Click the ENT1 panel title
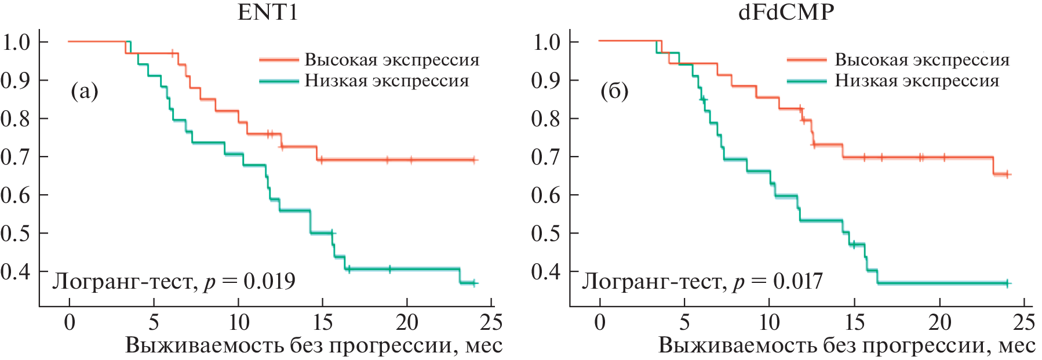tap(268, 13)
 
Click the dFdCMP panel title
tap(786, 13)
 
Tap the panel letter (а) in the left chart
tap(84, 91)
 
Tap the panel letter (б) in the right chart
tap(614, 91)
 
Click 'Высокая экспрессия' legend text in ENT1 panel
tap(392, 60)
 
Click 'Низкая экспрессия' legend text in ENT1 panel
tap(387, 81)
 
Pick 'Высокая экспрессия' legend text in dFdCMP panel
tap(922, 60)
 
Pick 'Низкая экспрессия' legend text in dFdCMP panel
tap(917, 81)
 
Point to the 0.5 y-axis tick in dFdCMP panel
tap(546, 233)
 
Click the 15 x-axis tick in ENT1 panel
tap(323, 322)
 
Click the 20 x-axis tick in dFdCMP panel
tap(939, 322)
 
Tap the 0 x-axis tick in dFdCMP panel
tap(600, 322)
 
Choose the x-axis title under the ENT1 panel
tap(314, 346)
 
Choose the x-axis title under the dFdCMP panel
tap(846, 346)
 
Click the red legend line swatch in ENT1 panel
tap(279, 60)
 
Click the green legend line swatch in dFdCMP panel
tap(807, 81)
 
